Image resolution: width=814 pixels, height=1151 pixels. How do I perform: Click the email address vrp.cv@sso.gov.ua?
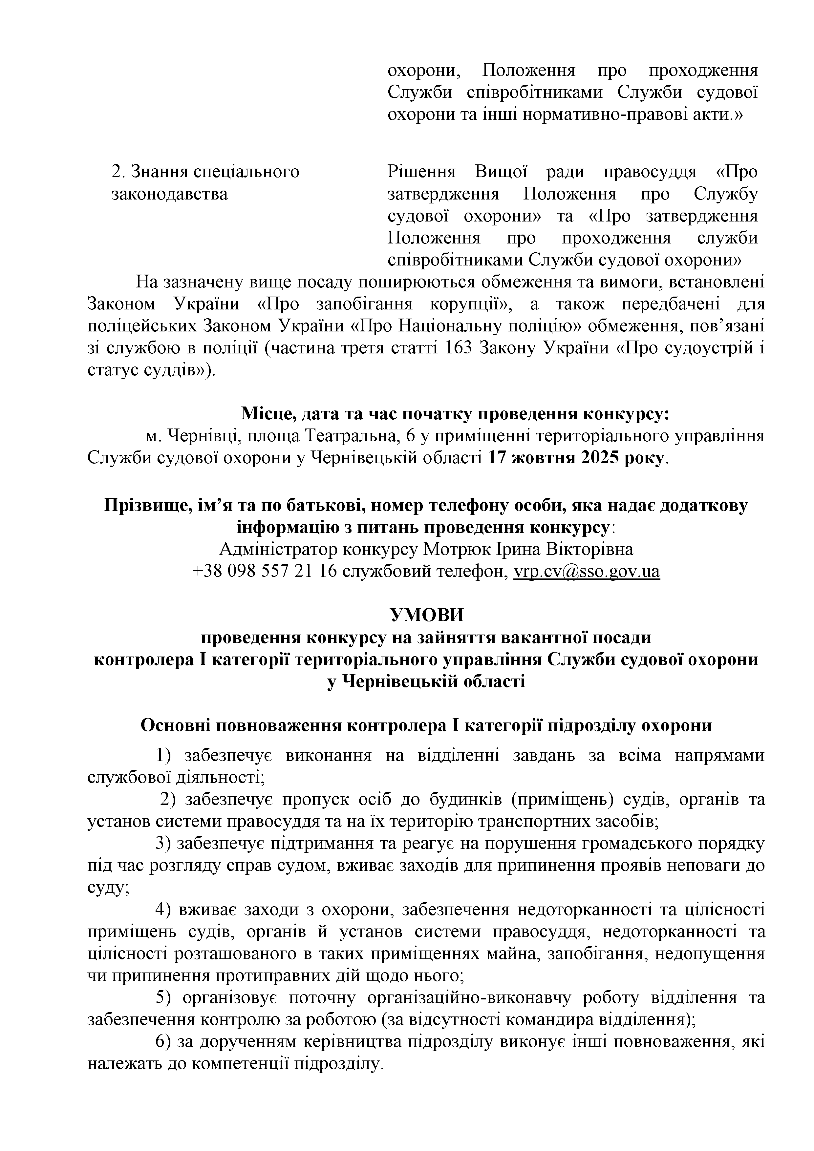pyautogui.click(x=587, y=572)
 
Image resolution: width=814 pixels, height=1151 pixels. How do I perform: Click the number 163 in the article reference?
pyautogui.click(x=459, y=348)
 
